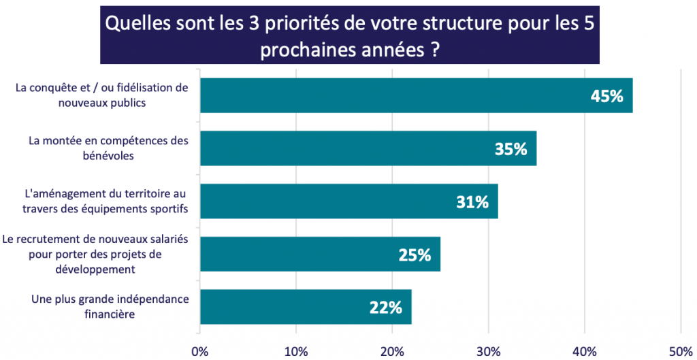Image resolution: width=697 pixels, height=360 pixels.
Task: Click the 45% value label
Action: pos(607,96)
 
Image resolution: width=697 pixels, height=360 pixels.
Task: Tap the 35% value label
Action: pos(511,149)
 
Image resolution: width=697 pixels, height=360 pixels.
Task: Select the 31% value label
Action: pos(472,202)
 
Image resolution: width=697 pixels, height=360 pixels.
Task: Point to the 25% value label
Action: pos(415,255)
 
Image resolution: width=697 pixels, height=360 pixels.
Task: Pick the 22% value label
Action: pos(386,308)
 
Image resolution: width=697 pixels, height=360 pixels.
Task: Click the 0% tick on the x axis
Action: pos(199,350)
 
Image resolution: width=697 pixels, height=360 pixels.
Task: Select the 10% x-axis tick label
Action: pos(296,350)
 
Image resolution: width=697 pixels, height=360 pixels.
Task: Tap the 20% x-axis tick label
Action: pos(392,350)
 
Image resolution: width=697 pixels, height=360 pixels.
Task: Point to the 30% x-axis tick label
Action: pos(488,350)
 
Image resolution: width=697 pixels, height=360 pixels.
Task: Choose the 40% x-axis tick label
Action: pos(585,350)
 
